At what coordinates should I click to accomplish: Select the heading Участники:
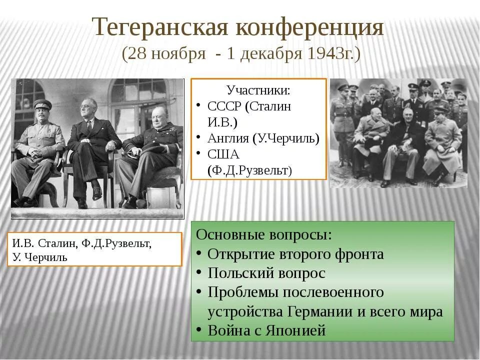click(258, 91)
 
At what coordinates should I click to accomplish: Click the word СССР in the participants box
click(225, 106)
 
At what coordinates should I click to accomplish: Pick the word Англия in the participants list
click(227, 138)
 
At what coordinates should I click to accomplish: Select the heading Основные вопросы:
click(264, 235)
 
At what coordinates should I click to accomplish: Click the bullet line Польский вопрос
click(266, 273)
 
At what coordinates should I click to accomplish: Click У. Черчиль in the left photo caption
click(40, 258)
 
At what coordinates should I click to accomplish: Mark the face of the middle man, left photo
click(88, 110)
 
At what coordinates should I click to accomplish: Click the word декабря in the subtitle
click(265, 53)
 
